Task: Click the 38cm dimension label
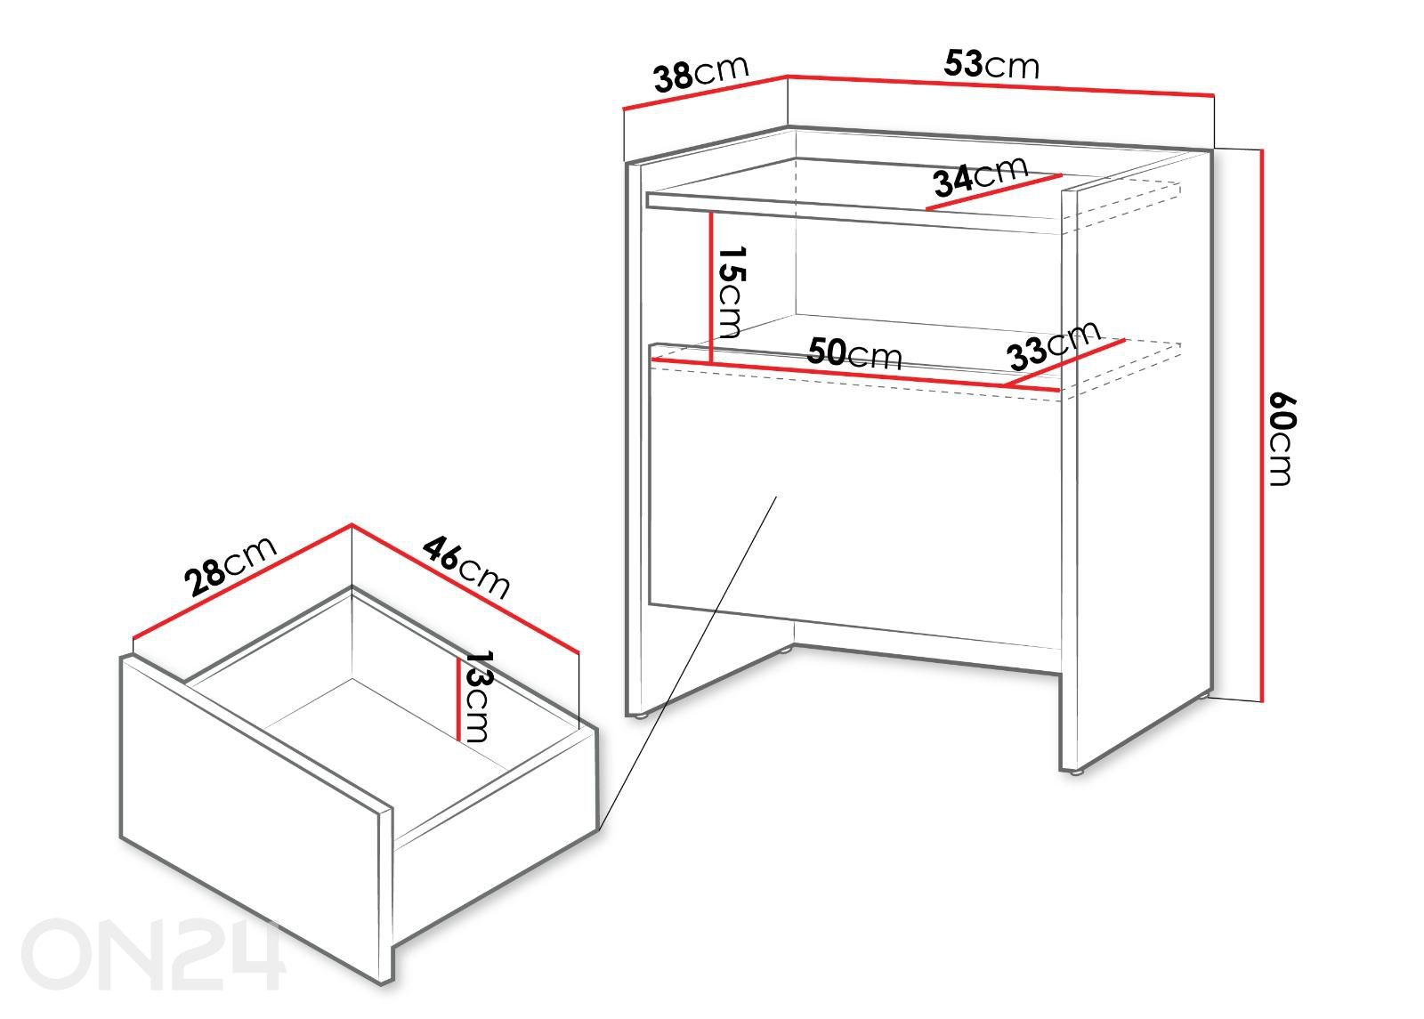[702, 73]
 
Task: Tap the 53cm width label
[991, 64]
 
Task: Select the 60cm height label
[1282, 440]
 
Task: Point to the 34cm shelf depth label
[980, 175]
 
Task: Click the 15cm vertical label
[731, 292]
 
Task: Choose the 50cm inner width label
[854, 354]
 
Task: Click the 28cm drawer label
[231, 566]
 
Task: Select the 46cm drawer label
[466, 567]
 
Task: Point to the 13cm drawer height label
[480, 695]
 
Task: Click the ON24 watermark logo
[151, 953]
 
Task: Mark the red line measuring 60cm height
[1261, 426]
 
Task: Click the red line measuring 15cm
[711, 288]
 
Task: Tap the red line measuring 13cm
[457, 698]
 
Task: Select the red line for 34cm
[994, 191]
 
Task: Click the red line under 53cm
[1001, 85]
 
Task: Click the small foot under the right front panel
[1076, 772]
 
